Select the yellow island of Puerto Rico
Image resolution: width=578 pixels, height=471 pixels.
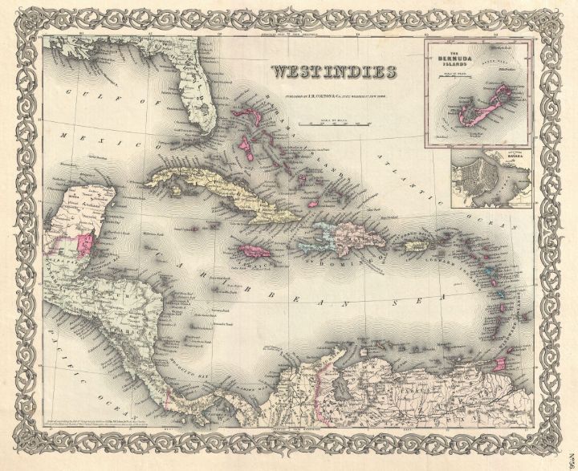[414, 246]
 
